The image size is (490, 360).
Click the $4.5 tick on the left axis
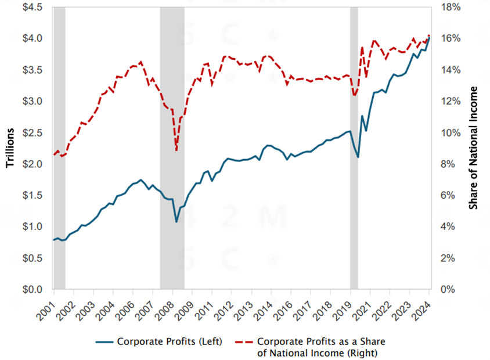31,7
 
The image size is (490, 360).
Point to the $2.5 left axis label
31,132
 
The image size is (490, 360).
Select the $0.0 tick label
31,289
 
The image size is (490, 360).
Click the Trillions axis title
10,148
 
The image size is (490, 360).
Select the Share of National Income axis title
473,148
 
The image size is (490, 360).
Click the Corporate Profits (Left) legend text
169,341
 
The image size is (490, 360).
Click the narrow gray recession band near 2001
59,145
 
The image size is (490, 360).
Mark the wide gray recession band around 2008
172,145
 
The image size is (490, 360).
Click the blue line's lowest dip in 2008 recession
176,221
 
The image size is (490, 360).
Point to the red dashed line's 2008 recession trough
176,150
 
